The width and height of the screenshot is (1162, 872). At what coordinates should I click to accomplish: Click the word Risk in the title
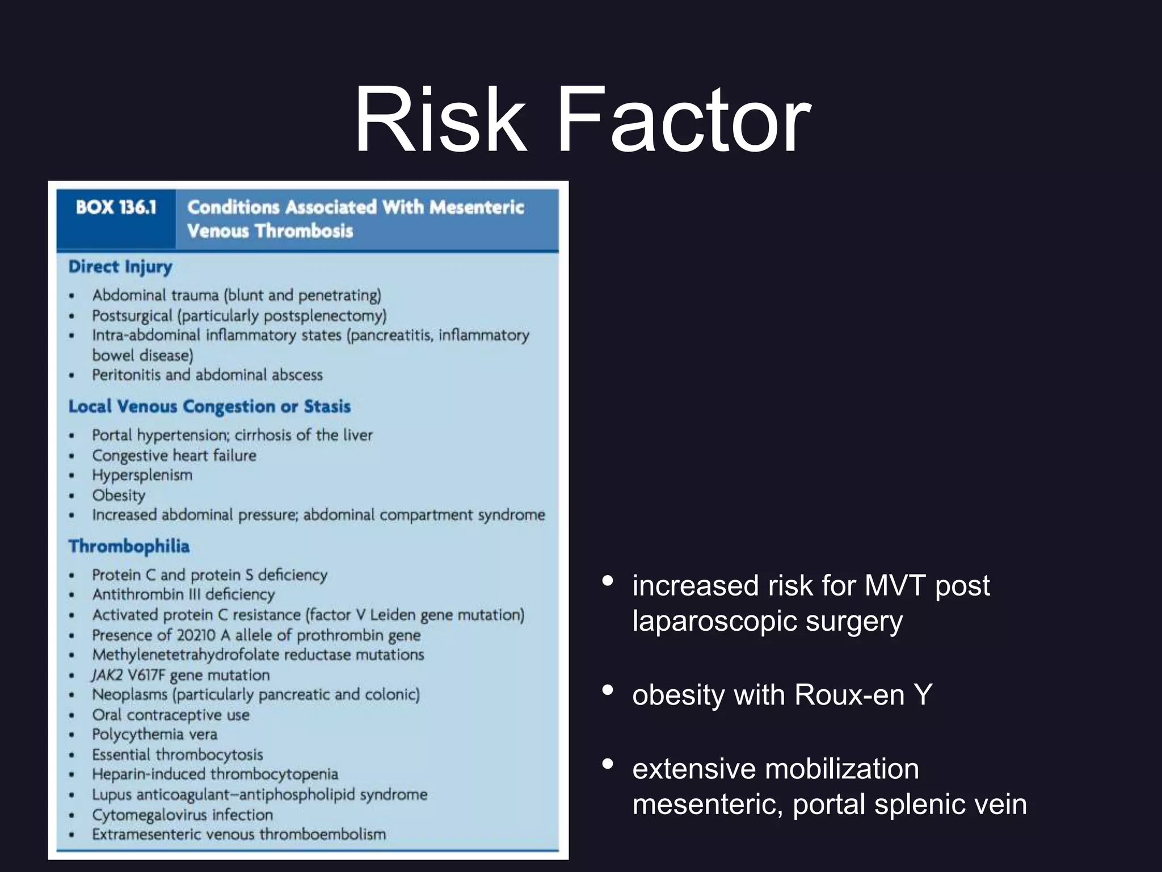[440, 120]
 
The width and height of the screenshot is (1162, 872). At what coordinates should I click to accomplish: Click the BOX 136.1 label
[116, 208]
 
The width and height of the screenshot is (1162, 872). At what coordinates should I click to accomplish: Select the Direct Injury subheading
[120, 267]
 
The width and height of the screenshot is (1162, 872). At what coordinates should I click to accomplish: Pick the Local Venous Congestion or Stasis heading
[209, 406]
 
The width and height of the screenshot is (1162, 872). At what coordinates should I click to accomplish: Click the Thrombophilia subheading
[129, 546]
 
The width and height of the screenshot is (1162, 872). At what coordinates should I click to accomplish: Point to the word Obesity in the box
[119, 496]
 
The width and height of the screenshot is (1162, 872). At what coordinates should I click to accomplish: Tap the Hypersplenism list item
[142, 475]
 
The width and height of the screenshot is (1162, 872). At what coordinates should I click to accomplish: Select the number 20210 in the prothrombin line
[196, 635]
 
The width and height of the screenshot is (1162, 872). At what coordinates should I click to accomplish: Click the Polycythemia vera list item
[154, 735]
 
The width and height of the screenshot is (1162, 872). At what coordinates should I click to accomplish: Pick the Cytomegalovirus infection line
[182, 815]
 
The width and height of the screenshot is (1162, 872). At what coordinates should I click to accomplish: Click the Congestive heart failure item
[174, 456]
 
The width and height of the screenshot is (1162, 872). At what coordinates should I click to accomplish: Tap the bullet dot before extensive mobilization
[608, 764]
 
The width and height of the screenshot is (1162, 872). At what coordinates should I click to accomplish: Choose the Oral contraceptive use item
[171, 715]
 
